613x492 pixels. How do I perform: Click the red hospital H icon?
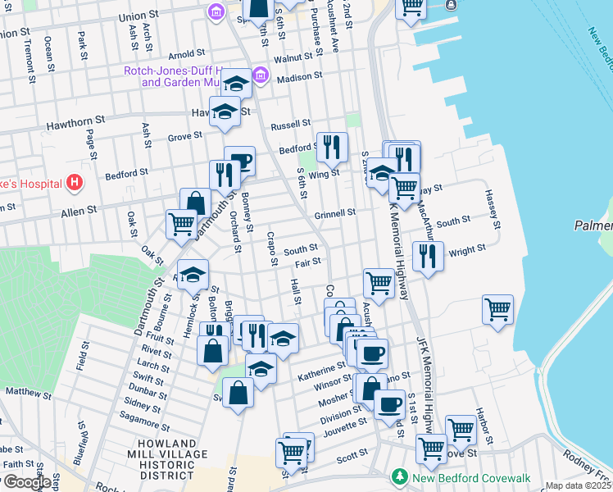point(75,181)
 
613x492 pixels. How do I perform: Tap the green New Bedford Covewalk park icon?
point(399,476)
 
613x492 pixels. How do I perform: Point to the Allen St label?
point(79,210)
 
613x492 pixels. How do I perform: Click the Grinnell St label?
point(334,212)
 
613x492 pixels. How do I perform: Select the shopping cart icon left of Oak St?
point(180,222)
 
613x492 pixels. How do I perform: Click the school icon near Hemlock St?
point(193,275)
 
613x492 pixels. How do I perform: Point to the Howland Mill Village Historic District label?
point(155,459)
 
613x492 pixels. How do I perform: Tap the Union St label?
point(138,16)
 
